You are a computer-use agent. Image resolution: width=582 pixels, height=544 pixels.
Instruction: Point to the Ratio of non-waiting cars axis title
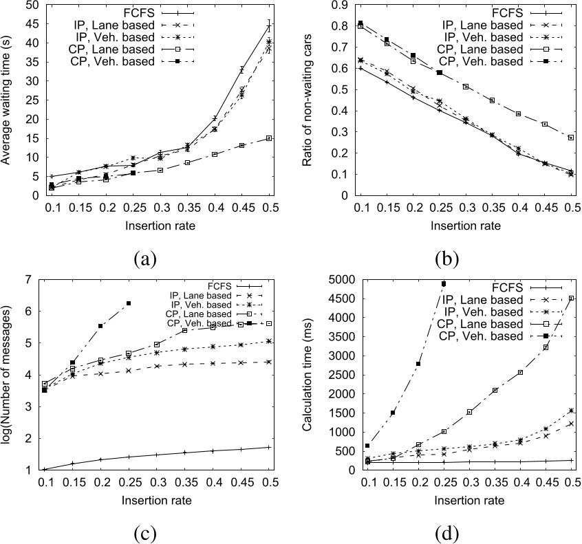310,100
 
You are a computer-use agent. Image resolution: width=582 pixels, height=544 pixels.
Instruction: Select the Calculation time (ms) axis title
310,375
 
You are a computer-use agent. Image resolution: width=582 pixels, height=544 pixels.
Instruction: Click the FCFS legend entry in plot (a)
138,12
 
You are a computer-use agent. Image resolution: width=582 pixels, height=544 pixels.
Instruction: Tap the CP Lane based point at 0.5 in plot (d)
570,298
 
